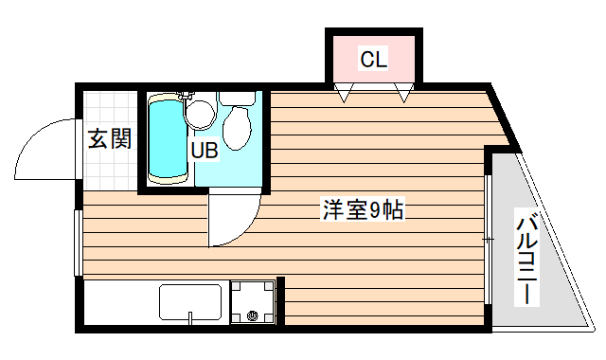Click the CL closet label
click(x=373, y=61)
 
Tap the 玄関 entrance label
click(x=110, y=139)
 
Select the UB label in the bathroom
click(x=205, y=150)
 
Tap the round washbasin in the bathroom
click(x=200, y=115)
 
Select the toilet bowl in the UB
click(x=235, y=128)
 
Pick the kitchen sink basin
click(x=190, y=303)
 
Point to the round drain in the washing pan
click(x=252, y=316)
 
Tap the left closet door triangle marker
click(x=345, y=93)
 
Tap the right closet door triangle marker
click(x=405, y=93)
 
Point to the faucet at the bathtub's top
click(x=186, y=97)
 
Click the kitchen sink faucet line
click(x=190, y=317)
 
